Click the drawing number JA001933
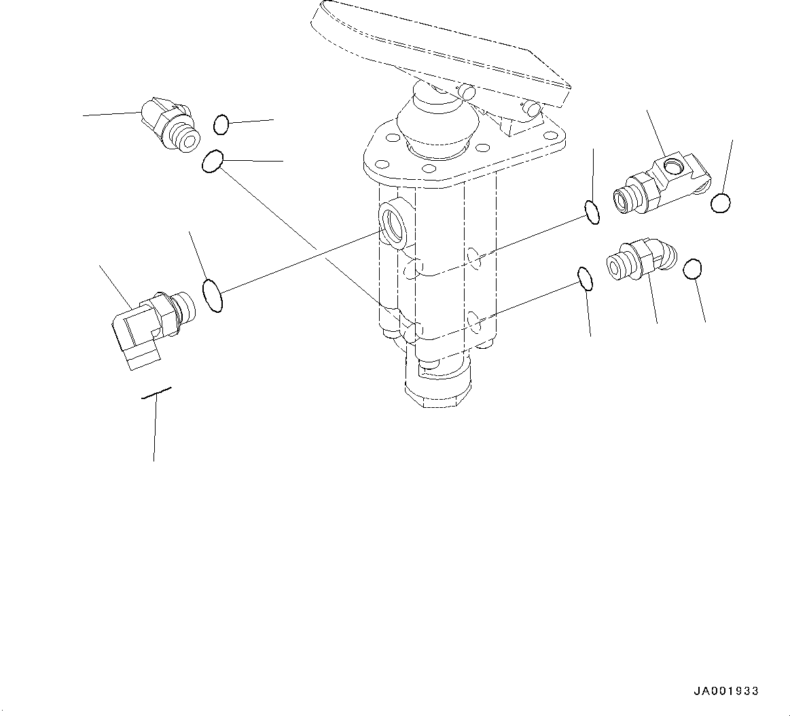pos(725,692)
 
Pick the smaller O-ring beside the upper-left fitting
pos(221,124)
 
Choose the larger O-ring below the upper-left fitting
pos(212,162)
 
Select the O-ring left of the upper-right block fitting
pos(592,212)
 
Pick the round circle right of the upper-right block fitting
pos(721,202)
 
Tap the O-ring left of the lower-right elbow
pos(584,278)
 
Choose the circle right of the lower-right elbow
pos(692,269)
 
